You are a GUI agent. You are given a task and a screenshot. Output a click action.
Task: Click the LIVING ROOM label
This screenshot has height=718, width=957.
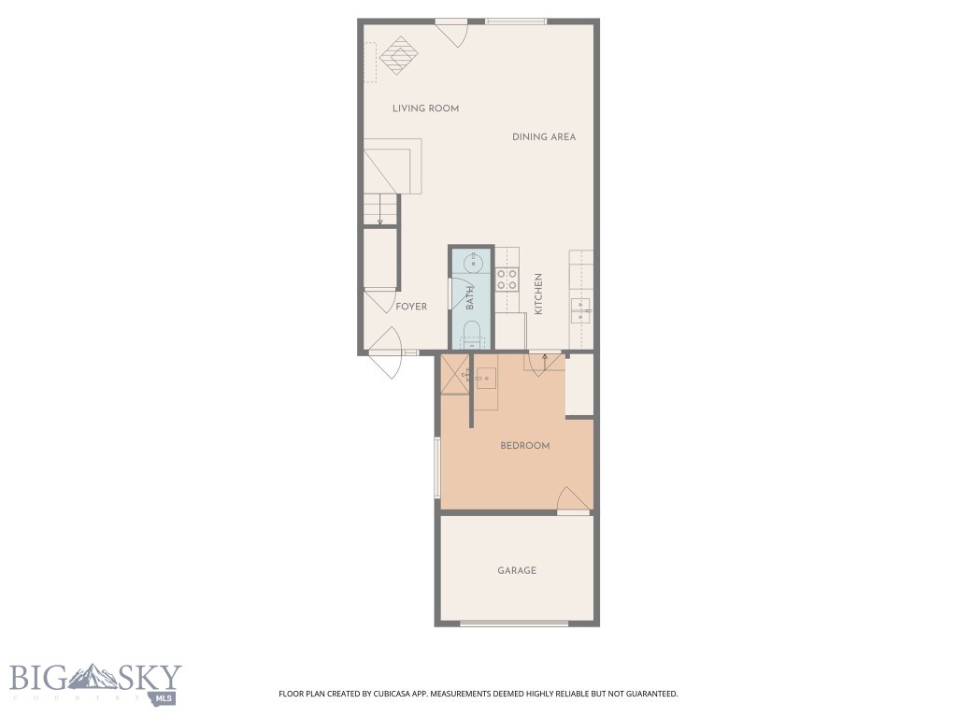tap(425, 108)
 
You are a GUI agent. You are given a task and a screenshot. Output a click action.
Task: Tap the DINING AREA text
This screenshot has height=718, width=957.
tap(544, 136)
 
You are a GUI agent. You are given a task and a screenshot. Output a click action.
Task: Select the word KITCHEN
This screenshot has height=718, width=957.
tap(538, 294)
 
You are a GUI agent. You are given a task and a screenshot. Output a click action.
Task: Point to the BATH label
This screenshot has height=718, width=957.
tap(470, 298)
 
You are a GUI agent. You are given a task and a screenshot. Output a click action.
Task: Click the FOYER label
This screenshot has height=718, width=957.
tap(411, 307)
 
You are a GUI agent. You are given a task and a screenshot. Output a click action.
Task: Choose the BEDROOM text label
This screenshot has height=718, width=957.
tap(525, 446)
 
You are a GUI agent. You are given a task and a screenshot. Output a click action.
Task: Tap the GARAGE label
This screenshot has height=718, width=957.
tap(517, 570)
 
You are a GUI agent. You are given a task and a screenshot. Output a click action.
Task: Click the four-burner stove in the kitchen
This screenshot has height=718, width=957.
tap(507, 278)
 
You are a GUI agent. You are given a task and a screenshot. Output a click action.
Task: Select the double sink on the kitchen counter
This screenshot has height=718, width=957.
tap(581, 309)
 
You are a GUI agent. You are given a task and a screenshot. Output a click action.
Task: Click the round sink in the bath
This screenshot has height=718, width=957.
tap(472, 263)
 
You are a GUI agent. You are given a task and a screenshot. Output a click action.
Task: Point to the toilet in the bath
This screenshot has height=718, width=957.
tap(472, 333)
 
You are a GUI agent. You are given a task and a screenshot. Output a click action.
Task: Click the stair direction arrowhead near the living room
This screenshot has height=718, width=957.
tap(380, 221)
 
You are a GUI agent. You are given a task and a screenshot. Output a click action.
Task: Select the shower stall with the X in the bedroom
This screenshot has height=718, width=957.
tap(455, 375)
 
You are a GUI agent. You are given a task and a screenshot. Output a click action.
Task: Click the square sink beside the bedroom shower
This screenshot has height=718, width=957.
tap(485, 378)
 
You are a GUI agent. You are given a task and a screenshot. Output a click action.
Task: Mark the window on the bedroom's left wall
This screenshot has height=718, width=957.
tap(436, 468)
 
